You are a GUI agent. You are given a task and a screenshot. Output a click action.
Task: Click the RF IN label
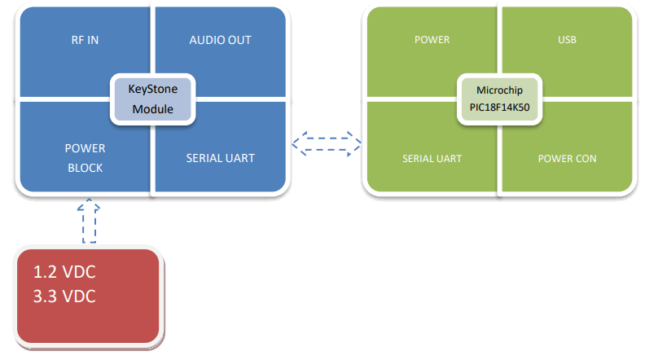[85, 40]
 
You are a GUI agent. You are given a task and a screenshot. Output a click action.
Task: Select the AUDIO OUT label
[220, 40]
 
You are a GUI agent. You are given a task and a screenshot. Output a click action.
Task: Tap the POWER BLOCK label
[85, 158]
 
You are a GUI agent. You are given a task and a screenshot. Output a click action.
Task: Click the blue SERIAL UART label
[220, 158]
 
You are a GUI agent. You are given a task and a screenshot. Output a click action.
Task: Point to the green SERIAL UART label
[432, 158]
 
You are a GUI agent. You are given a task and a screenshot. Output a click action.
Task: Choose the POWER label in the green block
[432, 40]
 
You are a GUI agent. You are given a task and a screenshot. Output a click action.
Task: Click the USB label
[567, 40]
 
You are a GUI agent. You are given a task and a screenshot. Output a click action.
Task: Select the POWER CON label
[567, 158]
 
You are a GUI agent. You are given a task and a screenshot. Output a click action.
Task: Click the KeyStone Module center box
[153, 99]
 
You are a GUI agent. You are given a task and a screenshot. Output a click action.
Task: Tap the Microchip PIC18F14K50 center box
[500, 99]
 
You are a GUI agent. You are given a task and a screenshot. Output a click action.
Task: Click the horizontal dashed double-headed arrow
[327, 143]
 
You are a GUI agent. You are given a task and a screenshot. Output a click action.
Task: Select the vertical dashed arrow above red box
[89, 222]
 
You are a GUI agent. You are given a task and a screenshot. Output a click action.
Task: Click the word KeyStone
[153, 90]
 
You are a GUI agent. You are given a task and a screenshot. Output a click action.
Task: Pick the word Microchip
[500, 90]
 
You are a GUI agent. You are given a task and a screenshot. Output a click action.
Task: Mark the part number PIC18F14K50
[500, 107]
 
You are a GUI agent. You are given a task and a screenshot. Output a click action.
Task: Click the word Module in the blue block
[153, 108]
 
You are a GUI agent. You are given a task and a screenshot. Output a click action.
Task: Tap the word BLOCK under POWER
[85, 167]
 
